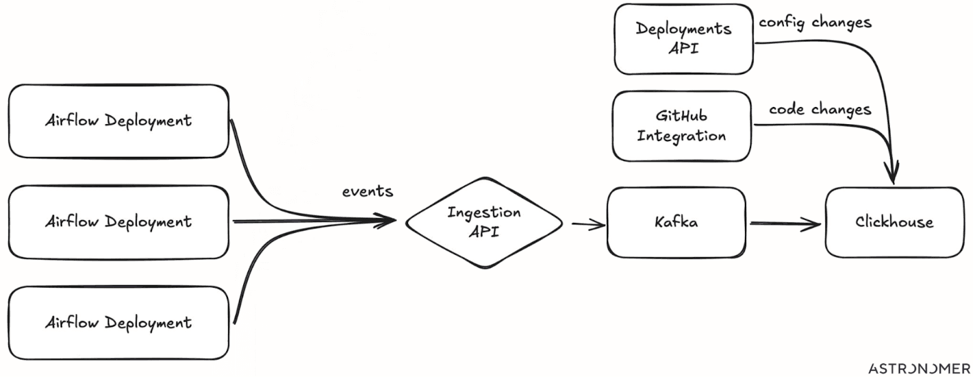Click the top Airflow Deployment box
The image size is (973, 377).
tap(119, 121)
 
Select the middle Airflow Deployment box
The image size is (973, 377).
tap(119, 223)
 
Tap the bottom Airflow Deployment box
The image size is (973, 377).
tap(119, 323)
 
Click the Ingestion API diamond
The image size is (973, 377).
tap(484, 223)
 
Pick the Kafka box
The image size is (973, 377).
tap(676, 223)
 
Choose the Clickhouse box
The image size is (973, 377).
tap(895, 223)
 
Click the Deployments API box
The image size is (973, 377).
tap(684, 39)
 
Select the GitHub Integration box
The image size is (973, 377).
tap(682, 126)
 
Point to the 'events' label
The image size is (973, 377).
tap(367, 191)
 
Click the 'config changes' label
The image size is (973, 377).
tap(815, 22)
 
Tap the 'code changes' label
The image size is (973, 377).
tap(820, 109)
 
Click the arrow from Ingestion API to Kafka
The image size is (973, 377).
tap(588, 224)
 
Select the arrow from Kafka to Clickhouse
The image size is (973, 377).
tap(785, 224)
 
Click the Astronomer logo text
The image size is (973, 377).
tap(919, 368)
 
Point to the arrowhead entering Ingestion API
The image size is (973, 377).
tap(384, 221)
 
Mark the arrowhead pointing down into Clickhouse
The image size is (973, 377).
tap(892, 172)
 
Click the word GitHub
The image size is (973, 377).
tap(681, 116)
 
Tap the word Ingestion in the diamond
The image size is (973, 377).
tap(484, 213)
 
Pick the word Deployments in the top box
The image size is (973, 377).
tap(684, 29)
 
